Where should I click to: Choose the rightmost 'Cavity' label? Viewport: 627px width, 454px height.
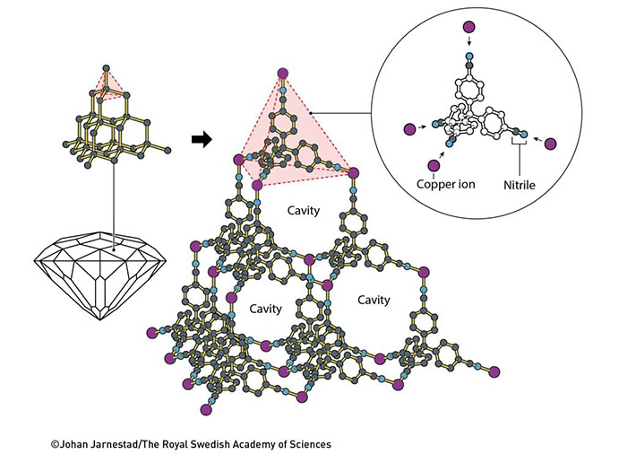(x=374, y=299)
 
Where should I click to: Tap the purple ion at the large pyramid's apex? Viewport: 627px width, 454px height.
(x=283, y=74)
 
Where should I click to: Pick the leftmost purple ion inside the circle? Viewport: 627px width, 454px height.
(x=411, y=129)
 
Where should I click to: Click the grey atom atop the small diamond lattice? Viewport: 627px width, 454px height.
(x=107, y=68)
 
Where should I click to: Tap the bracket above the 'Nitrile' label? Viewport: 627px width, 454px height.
(x=518, y=142)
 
